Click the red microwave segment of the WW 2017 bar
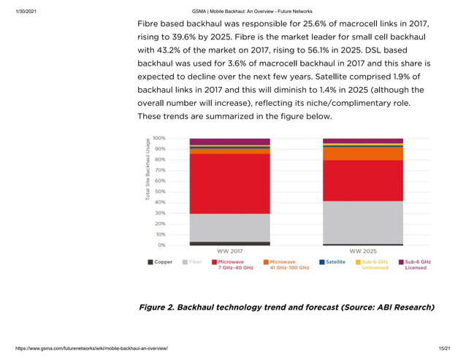tap(229, 183)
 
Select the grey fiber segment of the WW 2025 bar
tap(362, 222)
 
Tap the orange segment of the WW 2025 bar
tap(362, 154)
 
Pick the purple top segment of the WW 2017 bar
tap(229, 142)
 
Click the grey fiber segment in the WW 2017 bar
tap(229, 228)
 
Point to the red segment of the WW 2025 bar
tap(362, 180)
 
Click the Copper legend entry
tap(160, 261)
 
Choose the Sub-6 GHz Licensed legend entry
tap(414, 264)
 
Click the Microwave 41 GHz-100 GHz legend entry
tap(286, 264)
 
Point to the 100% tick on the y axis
tap(158, 137)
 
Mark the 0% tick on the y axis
tap(161, 245)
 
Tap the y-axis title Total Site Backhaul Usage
tap(148, 169)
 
